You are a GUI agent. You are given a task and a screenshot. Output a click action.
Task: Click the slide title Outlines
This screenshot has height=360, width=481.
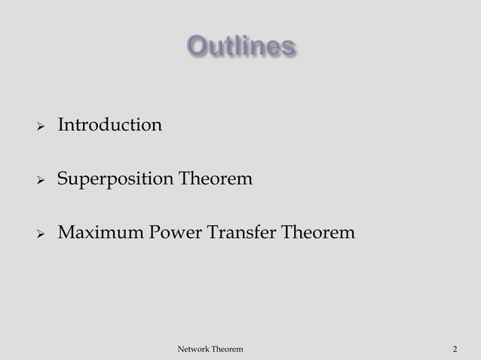[x=240, y=47]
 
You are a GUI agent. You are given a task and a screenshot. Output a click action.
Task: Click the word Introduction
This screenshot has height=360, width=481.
[x=110, y=124]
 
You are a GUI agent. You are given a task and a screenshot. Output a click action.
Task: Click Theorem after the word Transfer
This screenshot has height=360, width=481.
[x=317, y=234]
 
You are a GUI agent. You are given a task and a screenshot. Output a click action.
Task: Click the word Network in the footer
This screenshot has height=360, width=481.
[x=192, y=349]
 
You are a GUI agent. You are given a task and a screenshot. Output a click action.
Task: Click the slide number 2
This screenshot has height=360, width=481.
[x=455, y=349]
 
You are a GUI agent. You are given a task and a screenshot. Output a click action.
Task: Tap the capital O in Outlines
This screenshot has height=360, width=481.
[x=197, y=47]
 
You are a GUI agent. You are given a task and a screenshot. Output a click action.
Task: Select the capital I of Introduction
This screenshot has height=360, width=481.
[x=61, y=124]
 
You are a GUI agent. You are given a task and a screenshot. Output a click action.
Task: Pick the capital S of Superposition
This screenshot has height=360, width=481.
[x=63, y=180]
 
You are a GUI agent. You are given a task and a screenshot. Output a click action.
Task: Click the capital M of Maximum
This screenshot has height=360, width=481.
[x=67, y=234]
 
